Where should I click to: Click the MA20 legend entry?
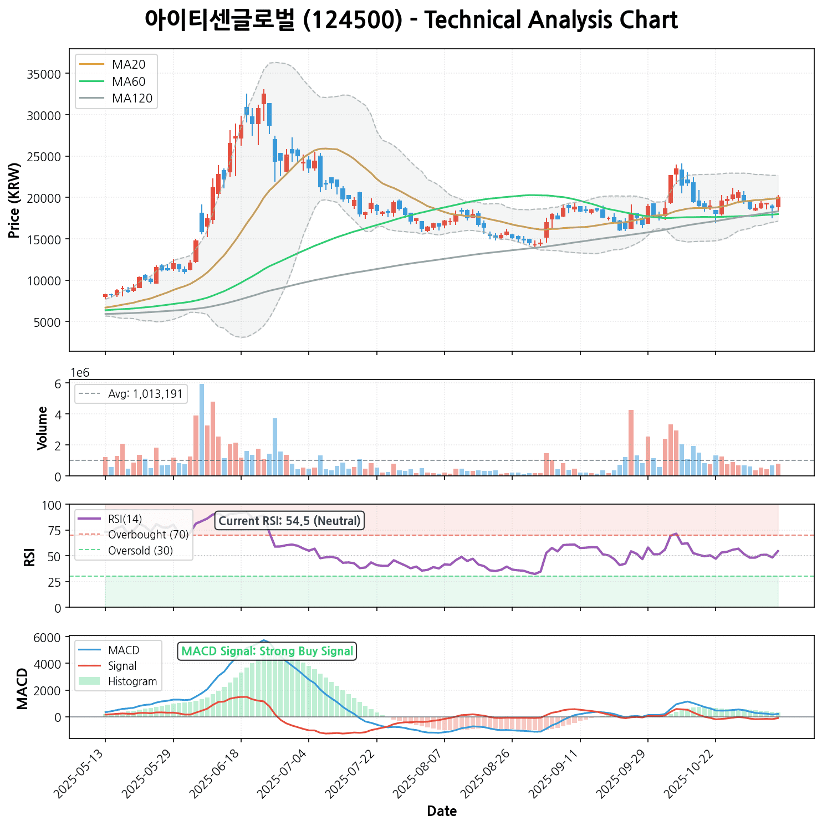tap(128, 65)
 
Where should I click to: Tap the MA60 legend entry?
tap(128, 82)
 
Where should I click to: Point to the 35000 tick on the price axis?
tap(44, 74)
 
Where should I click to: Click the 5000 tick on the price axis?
tap(47, 322)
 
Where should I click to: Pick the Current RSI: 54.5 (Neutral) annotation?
tap(289, 521)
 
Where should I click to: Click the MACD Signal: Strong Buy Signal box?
tap(267, 651)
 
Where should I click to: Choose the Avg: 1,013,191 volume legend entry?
tap(145, 394)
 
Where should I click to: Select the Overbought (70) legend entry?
tap(148, 535)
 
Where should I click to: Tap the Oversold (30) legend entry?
tap(140, 551)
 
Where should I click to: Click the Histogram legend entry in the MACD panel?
tap(132, 681)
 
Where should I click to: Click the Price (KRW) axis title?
tap(15, 201)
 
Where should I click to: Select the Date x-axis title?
tap(442, 812)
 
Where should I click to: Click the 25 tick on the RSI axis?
tap(55, 582)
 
